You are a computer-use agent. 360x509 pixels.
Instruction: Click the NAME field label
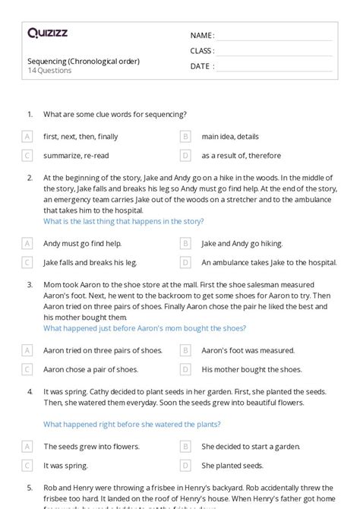(x=202, y=36)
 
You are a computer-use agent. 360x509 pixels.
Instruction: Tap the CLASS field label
(x=203, y=51)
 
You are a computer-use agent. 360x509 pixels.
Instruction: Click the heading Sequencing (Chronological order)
(x=84, y=61)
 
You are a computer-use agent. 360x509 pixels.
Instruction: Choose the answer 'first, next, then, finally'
(x=81, y=137)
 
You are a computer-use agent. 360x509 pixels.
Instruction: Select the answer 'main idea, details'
(x=229, y=137)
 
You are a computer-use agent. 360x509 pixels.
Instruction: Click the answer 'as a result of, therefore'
(x=242, y=155)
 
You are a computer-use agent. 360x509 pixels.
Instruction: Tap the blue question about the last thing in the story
(x=123, y=221)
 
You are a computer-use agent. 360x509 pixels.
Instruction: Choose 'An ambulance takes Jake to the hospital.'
(x=269, y=262)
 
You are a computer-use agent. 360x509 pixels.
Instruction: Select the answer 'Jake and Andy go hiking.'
(x=242, y=244)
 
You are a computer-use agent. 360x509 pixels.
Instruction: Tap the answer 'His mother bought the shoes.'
(x=251, y=369)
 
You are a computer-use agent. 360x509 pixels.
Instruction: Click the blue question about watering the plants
(x=132, y=424)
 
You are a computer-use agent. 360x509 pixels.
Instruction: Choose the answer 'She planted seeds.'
(x=232, y=465)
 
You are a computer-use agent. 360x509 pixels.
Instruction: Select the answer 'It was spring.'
(x=65, y=465)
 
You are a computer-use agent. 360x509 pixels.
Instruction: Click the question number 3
(x=30, y=285)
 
